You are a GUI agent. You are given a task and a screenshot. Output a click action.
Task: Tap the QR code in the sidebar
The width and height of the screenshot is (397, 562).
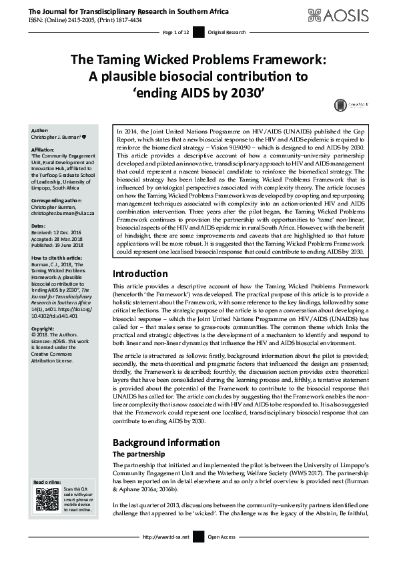point(43,499)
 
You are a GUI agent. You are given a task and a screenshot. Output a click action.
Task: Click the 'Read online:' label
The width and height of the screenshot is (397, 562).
point(47,481)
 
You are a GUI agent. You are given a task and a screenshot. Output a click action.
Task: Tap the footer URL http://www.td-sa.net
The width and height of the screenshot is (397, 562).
point(166,537)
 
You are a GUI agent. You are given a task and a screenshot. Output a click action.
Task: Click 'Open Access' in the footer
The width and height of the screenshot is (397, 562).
point(222,537)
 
